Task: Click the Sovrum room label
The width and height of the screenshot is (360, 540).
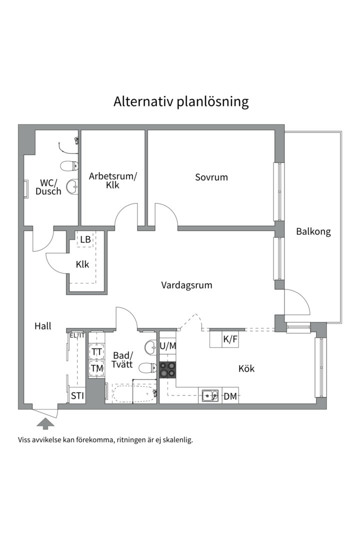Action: click(x=211, y=177)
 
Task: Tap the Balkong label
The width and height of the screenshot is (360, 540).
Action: click(x=313, y=232)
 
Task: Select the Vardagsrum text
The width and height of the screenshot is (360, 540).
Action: click(x=186, y=285)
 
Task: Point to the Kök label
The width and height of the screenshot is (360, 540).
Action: click(x=246, y=368)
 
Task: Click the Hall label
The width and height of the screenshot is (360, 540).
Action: click(x=42, y=326)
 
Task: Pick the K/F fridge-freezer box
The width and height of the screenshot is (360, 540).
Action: click(x=224, y=339)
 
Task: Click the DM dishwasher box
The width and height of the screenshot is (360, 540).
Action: click(x=230, y=396)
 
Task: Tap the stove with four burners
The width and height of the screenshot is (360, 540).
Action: click(x=168, y=370)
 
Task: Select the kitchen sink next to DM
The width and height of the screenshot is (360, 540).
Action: click(x=210, y=396)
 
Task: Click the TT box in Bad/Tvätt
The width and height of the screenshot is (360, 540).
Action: click(x=97, y=351)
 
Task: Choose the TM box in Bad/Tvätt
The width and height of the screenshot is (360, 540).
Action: click(x=97, y=368)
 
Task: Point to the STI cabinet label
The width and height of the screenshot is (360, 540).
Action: click(x=77, y=396)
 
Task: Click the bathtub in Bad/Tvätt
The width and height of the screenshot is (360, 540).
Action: click(x=134, y=393)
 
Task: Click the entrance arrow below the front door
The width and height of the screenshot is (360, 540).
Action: click(x=45, y=423)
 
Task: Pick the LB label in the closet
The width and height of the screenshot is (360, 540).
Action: click(x=85, y=239)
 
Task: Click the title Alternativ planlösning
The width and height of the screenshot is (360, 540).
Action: click(x=181, y=102)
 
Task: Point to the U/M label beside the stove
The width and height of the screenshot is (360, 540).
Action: click(x=168, y=346)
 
